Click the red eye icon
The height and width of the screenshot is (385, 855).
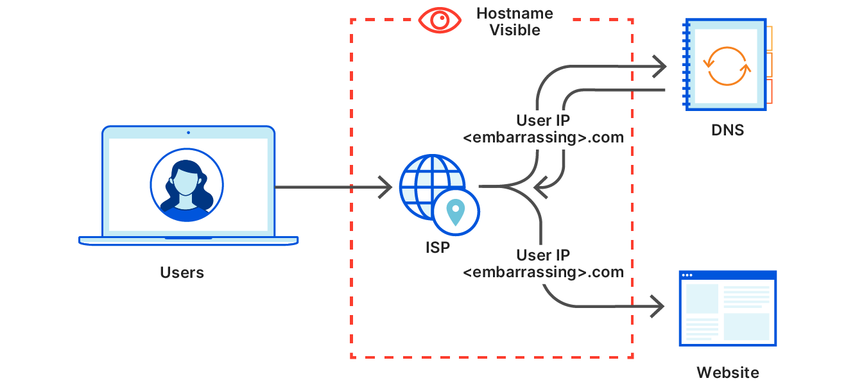pos(440,20)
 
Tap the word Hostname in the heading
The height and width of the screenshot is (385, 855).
pos(515,13)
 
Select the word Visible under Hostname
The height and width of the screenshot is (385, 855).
pos(515,30)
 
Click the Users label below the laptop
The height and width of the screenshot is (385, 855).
pos(182,273)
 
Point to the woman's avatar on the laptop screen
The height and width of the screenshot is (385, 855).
pos(187,185)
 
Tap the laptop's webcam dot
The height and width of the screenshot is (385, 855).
pos(188,133)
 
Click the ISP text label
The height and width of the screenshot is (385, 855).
pos(437,248)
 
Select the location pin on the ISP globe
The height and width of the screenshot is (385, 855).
pos(456,212)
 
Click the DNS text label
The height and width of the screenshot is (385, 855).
pos(727,130)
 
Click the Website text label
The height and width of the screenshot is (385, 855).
pos(727,372)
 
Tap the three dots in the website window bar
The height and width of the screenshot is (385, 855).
pos(687,275)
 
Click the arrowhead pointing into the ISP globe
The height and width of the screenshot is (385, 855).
pos(386,187)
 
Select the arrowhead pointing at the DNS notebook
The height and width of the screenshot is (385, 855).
pos(661,66)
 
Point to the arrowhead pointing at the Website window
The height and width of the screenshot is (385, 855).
pos(658,307)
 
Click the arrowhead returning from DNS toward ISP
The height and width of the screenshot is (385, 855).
pos(539,187)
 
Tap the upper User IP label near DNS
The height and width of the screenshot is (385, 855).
pos(543,121)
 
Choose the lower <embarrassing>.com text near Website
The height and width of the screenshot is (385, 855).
pos(543,272)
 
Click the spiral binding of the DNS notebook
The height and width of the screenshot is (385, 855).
pos(686,64)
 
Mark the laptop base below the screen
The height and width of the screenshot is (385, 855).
pos(188,241)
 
